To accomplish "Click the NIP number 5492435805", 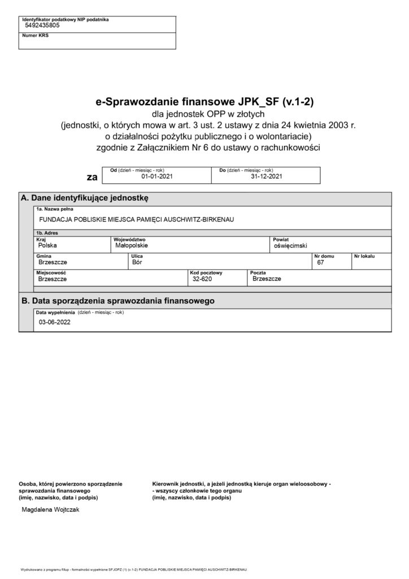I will click(x=42, y=26).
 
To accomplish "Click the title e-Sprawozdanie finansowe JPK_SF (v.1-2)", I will click(x=204, y=102).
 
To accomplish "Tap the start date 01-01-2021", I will click(x=156, y=176).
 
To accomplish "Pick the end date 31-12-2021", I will click(x=266, y=176).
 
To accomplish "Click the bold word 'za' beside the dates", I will click(x=92, y=177).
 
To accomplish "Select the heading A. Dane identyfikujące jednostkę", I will click(x=84, y=198).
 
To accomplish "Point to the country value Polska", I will click(x=47, y=246).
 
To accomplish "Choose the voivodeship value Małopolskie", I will click(x=131, y=246).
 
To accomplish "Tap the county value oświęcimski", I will click(x=290, y=247).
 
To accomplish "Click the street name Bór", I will click(x=136, y=262).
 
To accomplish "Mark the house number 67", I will click(x=321, y=262).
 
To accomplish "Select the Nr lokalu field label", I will click(x=364, y=256).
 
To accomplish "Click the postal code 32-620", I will click(x=202, y=279).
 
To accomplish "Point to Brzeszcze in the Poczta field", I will click(x=267, y=279).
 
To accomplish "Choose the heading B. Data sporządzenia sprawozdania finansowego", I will click(x=118, y=301).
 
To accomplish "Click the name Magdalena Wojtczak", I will click(x=50, y=509).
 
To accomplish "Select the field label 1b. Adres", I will click(x=47, y=233).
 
